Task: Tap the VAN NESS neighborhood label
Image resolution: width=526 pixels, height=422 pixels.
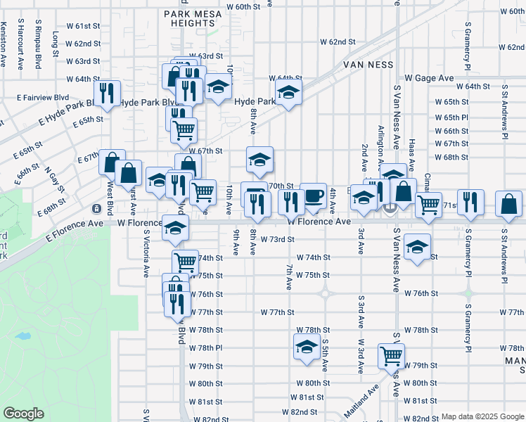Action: [x=366, y=64]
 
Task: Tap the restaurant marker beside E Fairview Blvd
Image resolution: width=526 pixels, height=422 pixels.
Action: [x=107, y=94]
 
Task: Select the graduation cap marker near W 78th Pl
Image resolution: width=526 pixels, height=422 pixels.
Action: [x=306, y=347]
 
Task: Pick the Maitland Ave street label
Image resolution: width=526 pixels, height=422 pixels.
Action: [x=361, y=401]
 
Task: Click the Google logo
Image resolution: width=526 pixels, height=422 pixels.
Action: [x=24, y=414]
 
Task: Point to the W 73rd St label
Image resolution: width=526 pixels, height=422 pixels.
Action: [x=276, y=240]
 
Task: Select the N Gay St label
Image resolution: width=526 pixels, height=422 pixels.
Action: [x=54, y=180]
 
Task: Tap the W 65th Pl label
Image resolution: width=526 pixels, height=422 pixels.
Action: [x=451, y=117]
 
